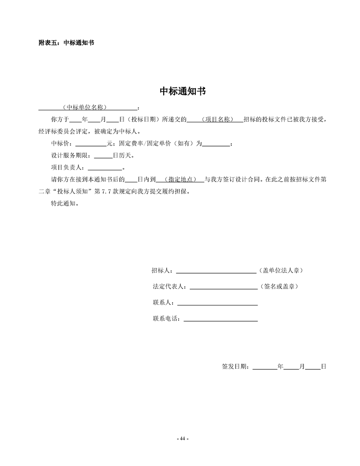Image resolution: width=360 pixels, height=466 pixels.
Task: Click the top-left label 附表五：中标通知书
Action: (x=66, y=43)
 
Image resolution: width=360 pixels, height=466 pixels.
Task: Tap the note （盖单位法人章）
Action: (x=280, y=271)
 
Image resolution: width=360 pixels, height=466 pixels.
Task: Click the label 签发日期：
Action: (x=237, y=366)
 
